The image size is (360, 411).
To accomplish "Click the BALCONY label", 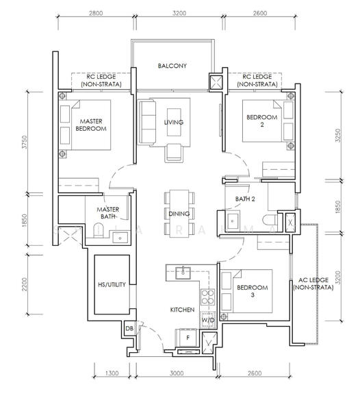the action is click(172, 66).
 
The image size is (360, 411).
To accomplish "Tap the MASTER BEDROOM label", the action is click(91, 125).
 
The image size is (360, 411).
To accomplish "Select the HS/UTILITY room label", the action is click(112, 284).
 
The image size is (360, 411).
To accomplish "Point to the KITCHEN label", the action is click(182, 310).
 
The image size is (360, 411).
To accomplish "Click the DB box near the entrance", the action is click(129, 328).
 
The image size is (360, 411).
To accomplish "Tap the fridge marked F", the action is click(188, 338).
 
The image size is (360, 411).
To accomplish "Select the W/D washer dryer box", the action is click(208, 320).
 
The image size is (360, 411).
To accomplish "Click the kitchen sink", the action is click(183, 273).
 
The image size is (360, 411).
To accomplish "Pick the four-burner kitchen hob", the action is click(208, 297).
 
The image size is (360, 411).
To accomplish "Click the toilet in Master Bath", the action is click(99, 230).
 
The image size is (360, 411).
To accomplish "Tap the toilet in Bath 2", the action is click(270, 220).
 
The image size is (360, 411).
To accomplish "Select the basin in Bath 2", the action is click(232, 221).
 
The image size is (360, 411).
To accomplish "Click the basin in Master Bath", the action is click(120, 238).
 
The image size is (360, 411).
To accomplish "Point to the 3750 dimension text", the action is click(25, 142).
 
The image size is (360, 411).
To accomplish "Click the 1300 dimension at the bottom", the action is click(112, 373).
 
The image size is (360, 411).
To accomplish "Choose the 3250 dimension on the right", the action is click(338, 135).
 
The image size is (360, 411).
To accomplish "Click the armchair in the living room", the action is click(174, 153).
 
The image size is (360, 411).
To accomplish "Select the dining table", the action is click(179, 214).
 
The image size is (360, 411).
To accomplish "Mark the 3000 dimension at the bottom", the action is click(177, 373).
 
